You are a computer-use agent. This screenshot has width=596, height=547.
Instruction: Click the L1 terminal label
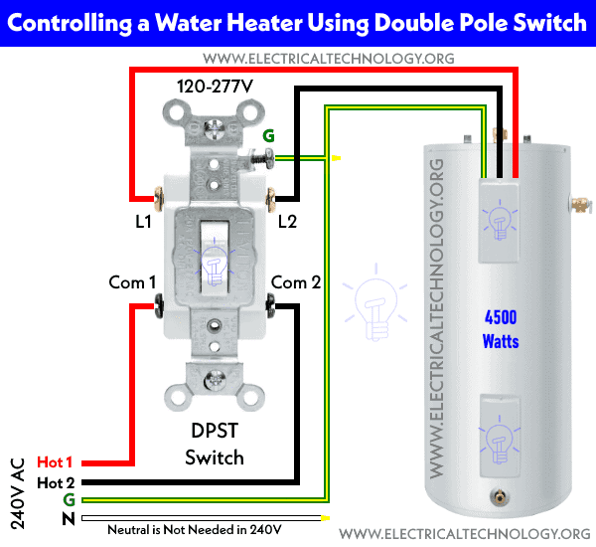click(x=144, y=221)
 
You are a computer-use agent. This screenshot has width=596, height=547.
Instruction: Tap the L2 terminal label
click(x=287, y=221)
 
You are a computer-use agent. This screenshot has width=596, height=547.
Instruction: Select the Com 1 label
click(x=132, y=282)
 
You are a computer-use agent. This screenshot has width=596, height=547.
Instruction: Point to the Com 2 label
click(x=296, y=282)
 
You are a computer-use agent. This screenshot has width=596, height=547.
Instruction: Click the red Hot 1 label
click(x=55, y=462)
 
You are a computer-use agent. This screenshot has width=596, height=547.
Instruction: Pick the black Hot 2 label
click(x=56, y=483)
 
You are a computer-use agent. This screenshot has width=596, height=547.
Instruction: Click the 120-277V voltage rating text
click(x=215, y=87)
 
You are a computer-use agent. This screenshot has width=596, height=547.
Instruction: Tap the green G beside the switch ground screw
click(x=269, y=136)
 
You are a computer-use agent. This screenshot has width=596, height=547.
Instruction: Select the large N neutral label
click(x=69, y=518)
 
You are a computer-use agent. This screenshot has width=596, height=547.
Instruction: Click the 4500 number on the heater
click(x=501, y=317)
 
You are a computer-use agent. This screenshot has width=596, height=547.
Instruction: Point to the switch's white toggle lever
click(x=215, y=258)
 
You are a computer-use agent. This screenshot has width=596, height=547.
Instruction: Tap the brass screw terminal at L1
click(x=159, y=199)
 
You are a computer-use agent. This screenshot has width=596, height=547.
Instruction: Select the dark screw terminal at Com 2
click(x=270, y=305)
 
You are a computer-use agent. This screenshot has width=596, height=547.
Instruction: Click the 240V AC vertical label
click(x=18, y=493)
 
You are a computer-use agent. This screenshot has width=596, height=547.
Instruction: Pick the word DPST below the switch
click(x=215, y=431)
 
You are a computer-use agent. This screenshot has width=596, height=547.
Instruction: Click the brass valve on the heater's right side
click(x=580, y=204)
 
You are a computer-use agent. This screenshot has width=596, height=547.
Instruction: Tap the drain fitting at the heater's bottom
click(x=498, y=496)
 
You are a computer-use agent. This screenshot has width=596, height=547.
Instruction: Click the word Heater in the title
click(x=265, y=23)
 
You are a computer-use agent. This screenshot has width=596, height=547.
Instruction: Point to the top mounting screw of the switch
click(x=214, y=129)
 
